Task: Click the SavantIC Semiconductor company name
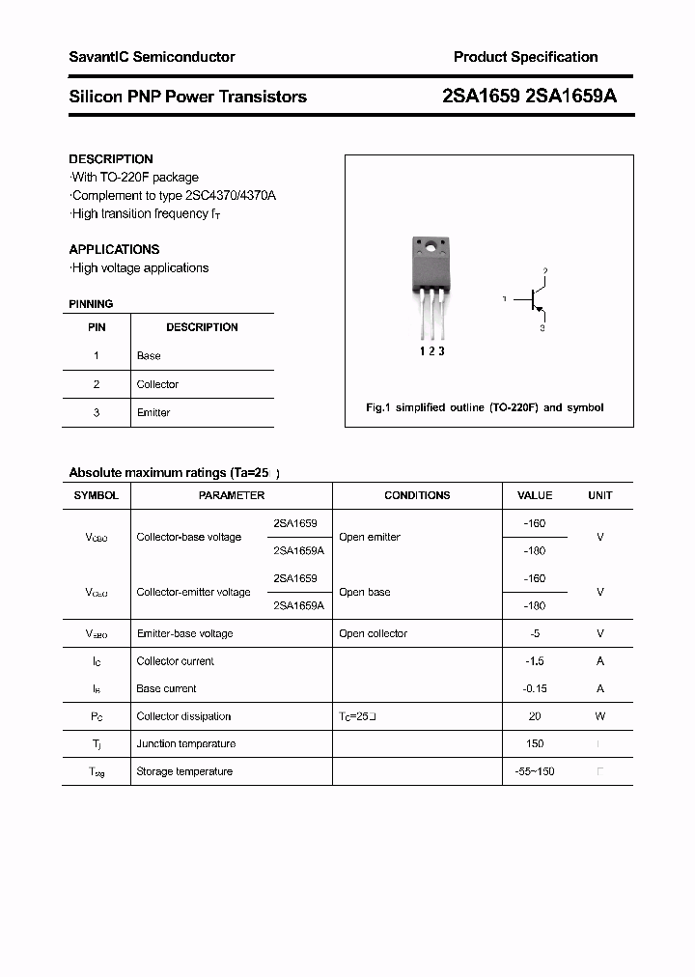[152, 58]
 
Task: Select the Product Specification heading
[525, 58]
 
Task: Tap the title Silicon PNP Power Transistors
[188, 97]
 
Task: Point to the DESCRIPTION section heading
[111, 159]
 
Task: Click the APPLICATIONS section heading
[114, 249]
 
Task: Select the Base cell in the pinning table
[149, 356]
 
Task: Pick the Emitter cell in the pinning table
[153, 413]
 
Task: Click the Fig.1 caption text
[485, 407]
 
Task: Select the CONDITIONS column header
[417, 495]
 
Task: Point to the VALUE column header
[535, 495]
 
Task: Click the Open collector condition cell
[373, 634]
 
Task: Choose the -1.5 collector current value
[535, 661]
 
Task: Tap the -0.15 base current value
[535, 689]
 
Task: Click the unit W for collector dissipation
[599, 716]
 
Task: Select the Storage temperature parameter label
[184, 771]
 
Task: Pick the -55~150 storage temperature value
[535, 771]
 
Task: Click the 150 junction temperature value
[535, 744]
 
